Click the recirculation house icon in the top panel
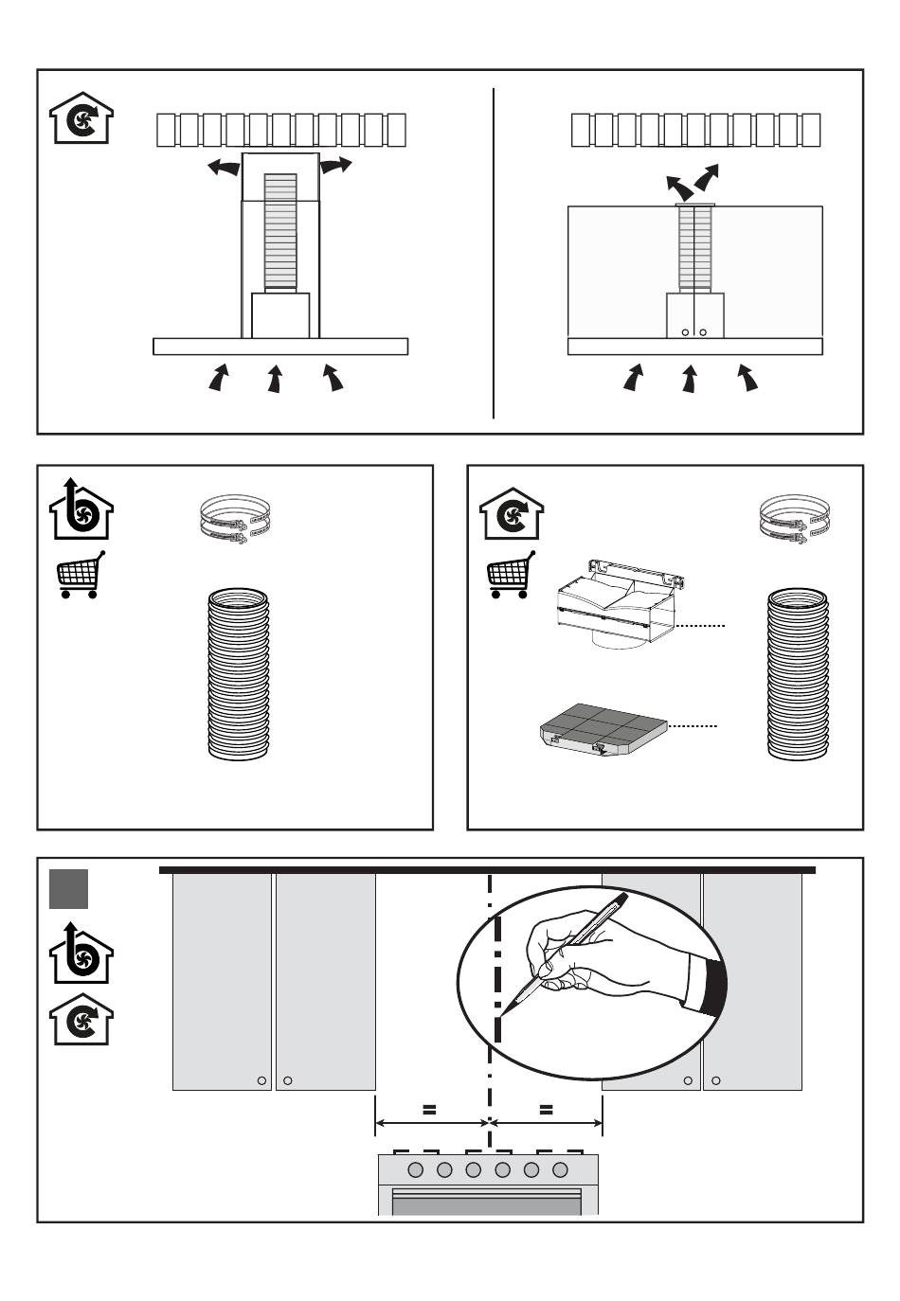(81, 118)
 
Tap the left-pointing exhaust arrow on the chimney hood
(224, 168)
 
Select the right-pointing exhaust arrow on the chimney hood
(336, 167)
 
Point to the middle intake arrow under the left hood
(275, 379)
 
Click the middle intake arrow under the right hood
(690, 379)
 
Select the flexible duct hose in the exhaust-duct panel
(238, 672)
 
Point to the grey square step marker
(68, 889)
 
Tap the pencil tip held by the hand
(502, 1011)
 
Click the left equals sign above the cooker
(429, 1109)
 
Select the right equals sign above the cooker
(546, 1109)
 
